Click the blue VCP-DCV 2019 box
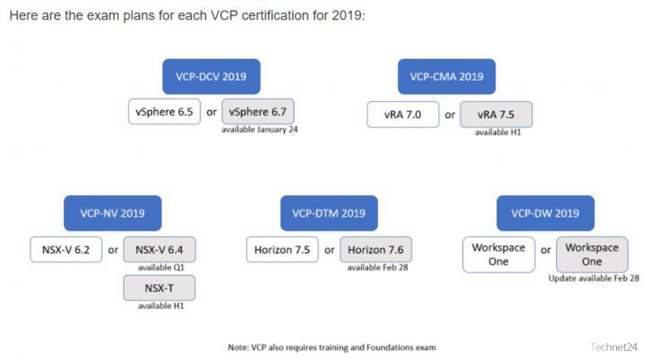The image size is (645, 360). (x=211, y=76)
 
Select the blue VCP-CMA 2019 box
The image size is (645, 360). (x=446, y=76)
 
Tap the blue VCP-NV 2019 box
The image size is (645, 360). (x=112, y=213)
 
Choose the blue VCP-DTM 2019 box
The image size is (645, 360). (x=329, y=213)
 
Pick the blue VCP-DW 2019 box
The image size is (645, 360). (x=546, y=213)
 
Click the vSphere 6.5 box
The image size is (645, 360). (x=164, y=112)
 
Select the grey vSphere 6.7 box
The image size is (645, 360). (x=258, y=112)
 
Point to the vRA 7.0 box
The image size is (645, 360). (x=403, y=115)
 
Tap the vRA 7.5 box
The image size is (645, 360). (x=496, y=115)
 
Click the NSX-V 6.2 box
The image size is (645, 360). (x=65, y=249)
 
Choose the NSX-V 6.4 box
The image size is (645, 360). (x=159, y=249)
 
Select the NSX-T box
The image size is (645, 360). (x=159, y=288)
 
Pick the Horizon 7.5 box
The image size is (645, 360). (x=282, y=249)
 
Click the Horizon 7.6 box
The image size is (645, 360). (x=375, y=249)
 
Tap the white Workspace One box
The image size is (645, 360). (x=499, y=254)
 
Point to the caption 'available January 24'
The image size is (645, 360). (x=260, y=130)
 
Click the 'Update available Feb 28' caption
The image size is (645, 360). (x=594, y=279)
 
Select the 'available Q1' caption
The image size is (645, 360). (x=161, y=268)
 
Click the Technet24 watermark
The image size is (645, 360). (x=614, y=347)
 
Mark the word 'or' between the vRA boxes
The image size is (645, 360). (x=450, y=115)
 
